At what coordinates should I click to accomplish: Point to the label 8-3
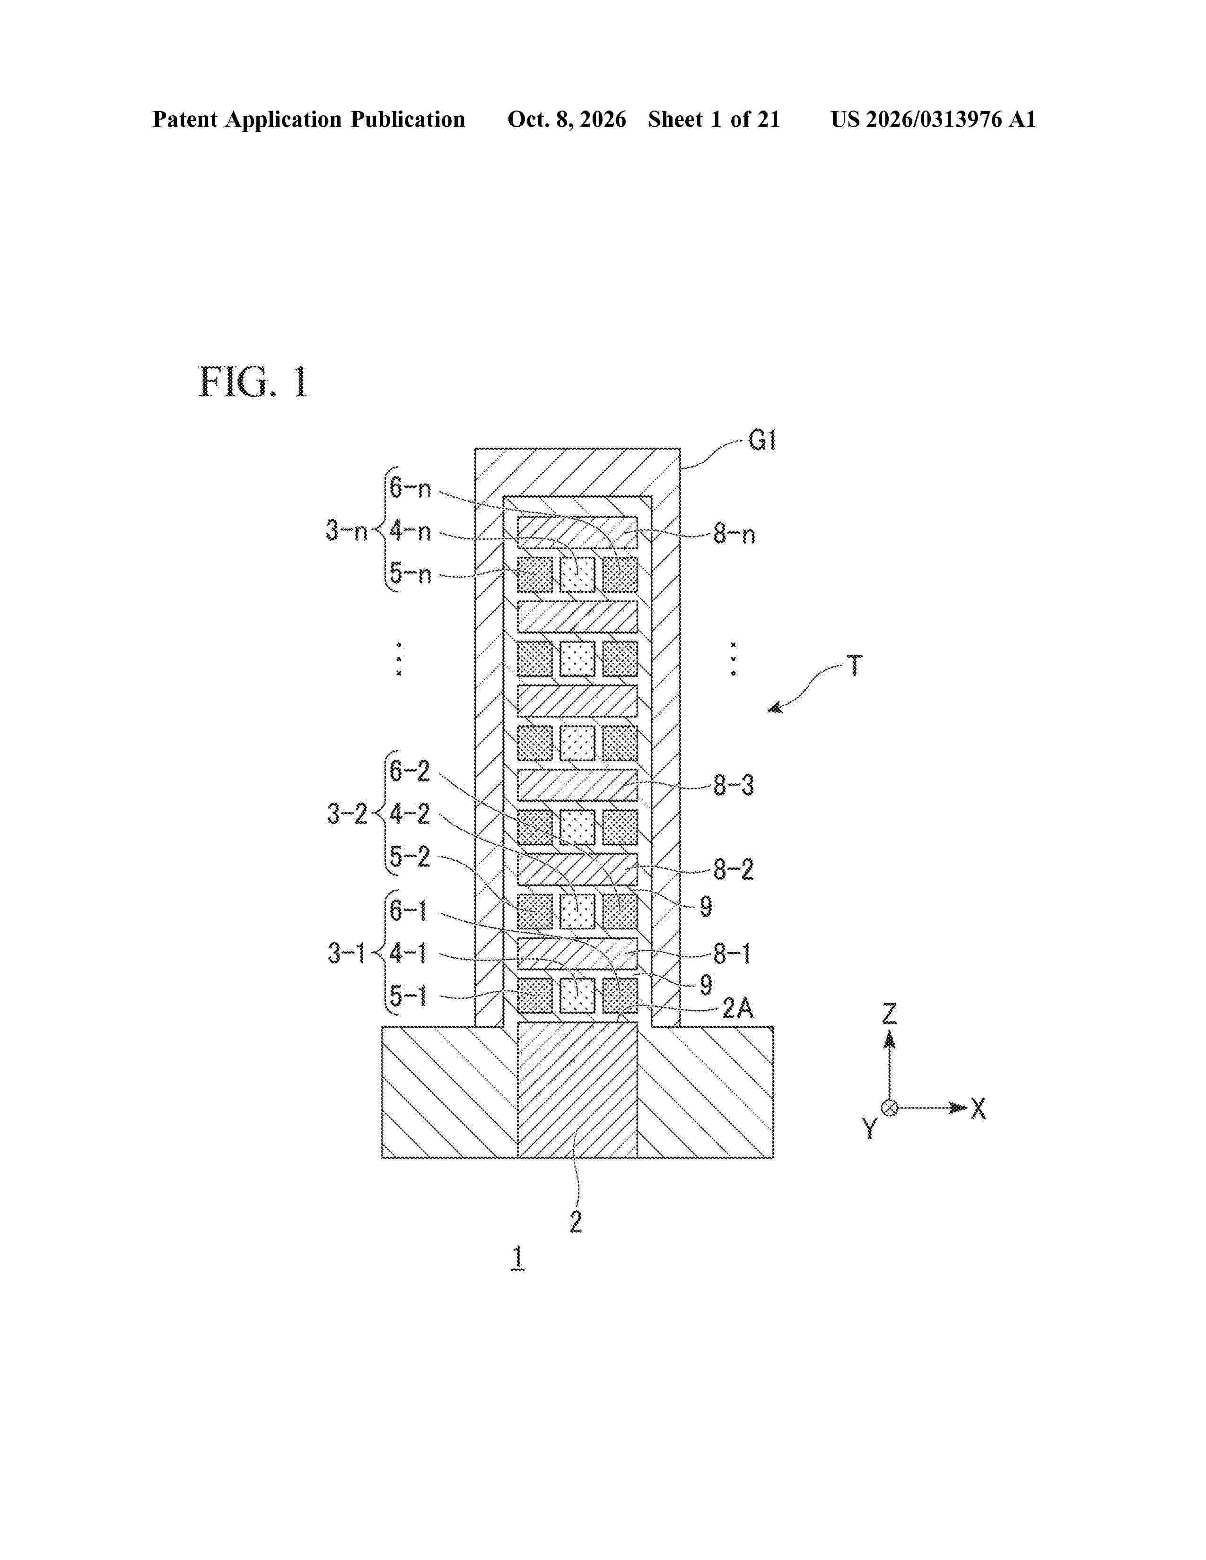pyautogui.click(x=734, y=786)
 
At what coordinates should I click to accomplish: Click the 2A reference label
pyautogui.click(x=737, y=1008)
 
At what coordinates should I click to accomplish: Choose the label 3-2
pyautogui.click(x=347, y=813)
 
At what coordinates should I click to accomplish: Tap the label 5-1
pyautogui.click(x=408, y=995)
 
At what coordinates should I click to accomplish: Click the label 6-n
pyautogui.click(x=410, y=488)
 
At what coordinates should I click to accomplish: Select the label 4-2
pyautogui.click(x=410, y=814)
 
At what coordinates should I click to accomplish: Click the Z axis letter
pyautogui.click(x=889, y=1013)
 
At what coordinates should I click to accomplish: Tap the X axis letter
pyautogui.click(x=978, y=1109)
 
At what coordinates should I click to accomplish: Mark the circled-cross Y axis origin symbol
pyautogui.click(x=890, y=1108)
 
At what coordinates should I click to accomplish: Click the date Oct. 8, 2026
pyautogui.click(x=567, y=119)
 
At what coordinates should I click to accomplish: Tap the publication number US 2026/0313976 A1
pyautogui.click(x=933, y=119)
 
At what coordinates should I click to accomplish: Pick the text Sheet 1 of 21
pyautogui.click(x=714, y=119)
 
